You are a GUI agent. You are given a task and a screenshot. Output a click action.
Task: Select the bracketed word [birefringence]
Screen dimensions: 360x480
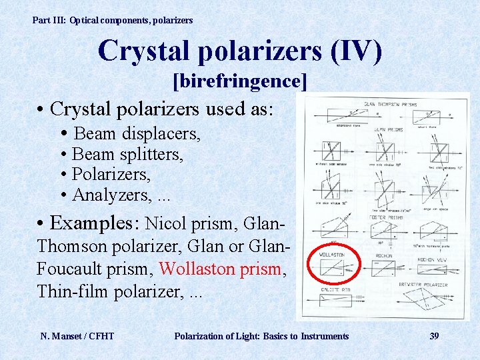(240, 81)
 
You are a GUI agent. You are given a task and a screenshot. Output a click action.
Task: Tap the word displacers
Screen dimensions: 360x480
(161, 133)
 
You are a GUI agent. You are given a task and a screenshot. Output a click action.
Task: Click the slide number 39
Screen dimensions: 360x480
(434, 336)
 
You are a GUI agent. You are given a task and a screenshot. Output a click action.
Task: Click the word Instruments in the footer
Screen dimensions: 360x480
(325, 336)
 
